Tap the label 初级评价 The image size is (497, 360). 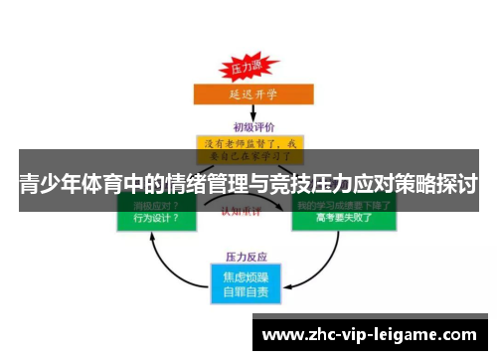coord(248,126)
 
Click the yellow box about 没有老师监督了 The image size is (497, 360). coord(248,150)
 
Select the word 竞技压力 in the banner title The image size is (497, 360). coord(302,185)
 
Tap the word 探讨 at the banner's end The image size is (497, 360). coord(456,185)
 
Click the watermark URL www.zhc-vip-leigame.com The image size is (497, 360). coord(368,335)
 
